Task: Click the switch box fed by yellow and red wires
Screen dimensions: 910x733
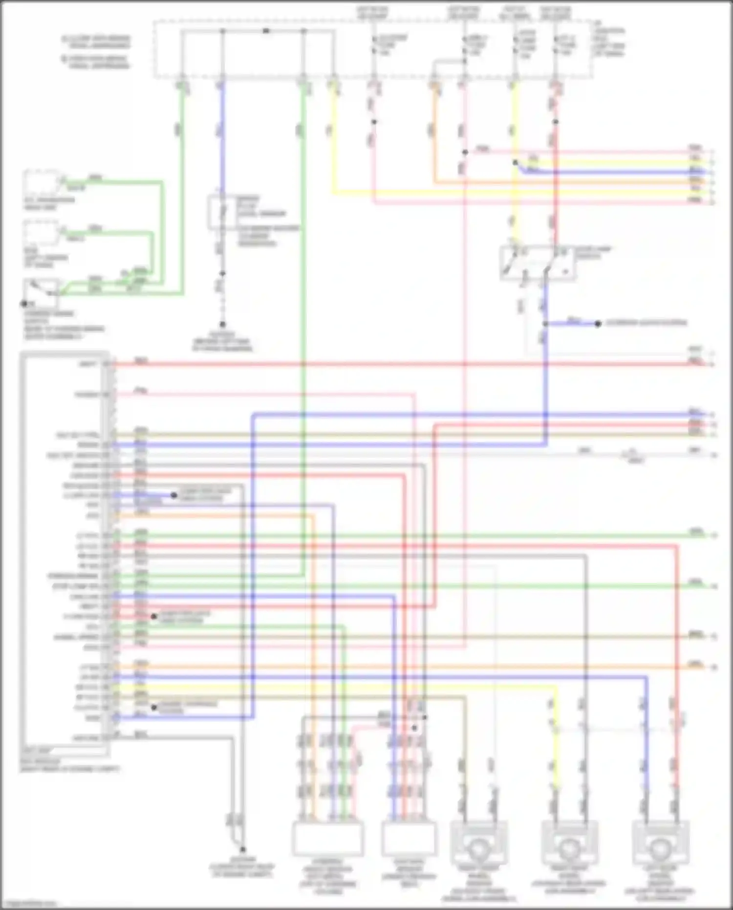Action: [x=538, y=263]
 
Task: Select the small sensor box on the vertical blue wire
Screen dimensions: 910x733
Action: [x=222, y=212]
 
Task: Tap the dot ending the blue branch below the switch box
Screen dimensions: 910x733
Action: [x=597, y=324]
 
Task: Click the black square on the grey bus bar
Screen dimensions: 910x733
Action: [x=266, y=31]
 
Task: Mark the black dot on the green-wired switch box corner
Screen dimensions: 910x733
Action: [x=23, y=304]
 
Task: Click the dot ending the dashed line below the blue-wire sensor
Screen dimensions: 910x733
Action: [x=222, y=324]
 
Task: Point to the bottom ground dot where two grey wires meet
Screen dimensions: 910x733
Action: [x=242, y=850]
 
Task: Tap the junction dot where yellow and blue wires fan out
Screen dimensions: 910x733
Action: [x=515, y=162]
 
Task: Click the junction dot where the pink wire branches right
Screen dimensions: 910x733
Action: [x=465, y=153]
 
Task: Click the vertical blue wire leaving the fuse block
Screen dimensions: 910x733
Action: [x=222, y=137]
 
